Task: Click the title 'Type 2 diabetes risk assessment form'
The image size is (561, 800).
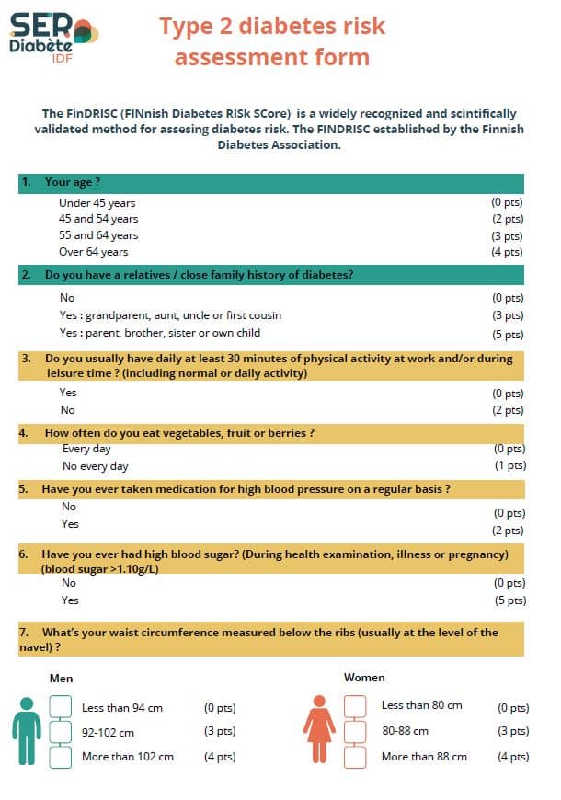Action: tap(272, 41)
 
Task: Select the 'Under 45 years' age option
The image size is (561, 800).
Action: tap(97, 203)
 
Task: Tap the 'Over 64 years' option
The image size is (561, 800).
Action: tap(94, 252)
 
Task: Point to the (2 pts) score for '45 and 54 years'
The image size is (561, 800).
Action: tap(507, 220)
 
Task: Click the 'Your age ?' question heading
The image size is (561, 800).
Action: tap(73, 182)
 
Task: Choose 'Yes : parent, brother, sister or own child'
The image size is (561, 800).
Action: tap(159, 333)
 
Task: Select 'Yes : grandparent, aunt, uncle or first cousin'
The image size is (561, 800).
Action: tap(170, 315)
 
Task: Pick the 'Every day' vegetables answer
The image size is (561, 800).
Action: tap(87, 449)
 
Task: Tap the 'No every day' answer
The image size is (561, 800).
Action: tap(96, 466)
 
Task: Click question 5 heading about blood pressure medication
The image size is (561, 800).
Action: tap(246, 489)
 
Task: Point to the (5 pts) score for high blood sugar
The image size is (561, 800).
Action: tap(509, 600)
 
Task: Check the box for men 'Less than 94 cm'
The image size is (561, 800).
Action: tap(61, 707)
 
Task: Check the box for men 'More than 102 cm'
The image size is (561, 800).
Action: tap(61, 757)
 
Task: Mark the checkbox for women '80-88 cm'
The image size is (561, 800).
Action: tap(355, 731)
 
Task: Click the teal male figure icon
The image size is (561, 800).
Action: tap(27, 731)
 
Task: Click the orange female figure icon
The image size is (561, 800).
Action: tap(319, 730)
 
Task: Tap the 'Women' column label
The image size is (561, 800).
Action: tap(364, 678)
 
